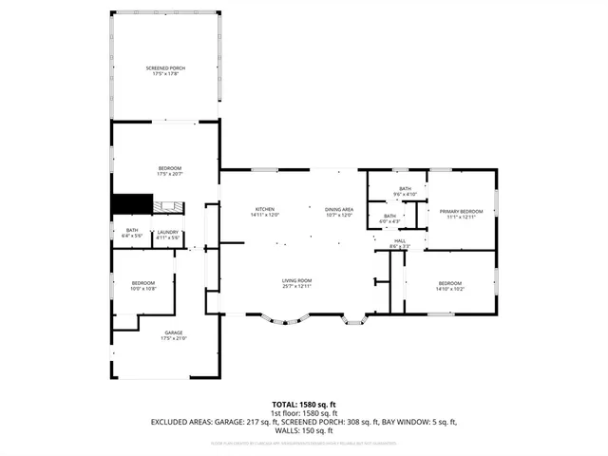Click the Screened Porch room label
pyautogui.click(x=165, y=69)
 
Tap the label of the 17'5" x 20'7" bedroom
pyautogui.click(x=169, y=168)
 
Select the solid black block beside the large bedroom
pyautogui.click(x=132, y=204)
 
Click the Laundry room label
pyautogui.click(x=168, y=231)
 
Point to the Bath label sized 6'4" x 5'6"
pyautogui.click(x=131, y=231)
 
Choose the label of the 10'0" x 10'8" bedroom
pyautogui.click(x=142, y=283)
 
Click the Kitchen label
pyautogui.click(x=264, y=209)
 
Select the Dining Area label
pyautogui.click(x=339, y=209)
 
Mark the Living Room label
pyautogui.click(x=296, y=280)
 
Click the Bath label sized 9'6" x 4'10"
pyautogui.click(x=405, y=189)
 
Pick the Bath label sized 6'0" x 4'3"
pyautogui.click(x=389, y=216)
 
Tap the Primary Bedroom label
pyautogui.click(x=461, y=211)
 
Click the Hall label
pyautogui.click(x=401, y=241)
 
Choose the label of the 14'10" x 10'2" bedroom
pyautogui.click(x=450, y=283)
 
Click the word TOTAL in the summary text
pyautogui.click(x=284, y=404)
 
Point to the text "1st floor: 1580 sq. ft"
pyautogui.click(x=303, y=412)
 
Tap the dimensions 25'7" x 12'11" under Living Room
pyautogui.click(x=296, y=286)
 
